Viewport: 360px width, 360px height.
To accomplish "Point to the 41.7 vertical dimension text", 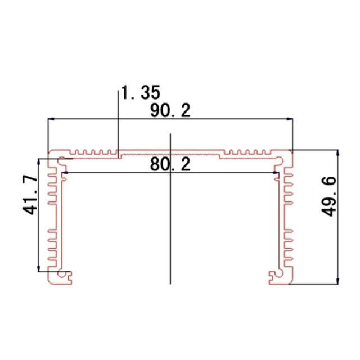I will [31, 194].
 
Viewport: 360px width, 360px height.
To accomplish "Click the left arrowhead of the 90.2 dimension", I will [51, 119].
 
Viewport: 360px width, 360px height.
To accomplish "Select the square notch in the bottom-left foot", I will [70, 275].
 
